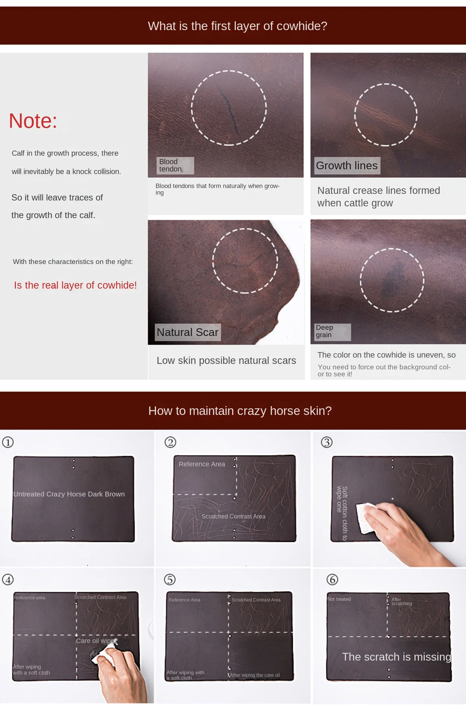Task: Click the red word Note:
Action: coord(33,121)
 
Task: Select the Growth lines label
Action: coord(347,166)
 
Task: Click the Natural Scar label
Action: coord(188,332)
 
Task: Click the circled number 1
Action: coord(8,442)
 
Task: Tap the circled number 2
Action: coord(170,442)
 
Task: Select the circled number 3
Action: coord(327,442)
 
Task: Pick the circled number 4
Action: coord(8,579)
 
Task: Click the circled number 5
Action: coord(170,579)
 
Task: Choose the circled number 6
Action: coord(332,579)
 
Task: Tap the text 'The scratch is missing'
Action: coord(396,657)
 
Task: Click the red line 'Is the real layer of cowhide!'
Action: coord(75,285)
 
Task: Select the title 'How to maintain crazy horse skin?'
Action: coord(240,411)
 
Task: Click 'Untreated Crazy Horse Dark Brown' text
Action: coord(69,494)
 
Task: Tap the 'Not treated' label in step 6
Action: coord(339,599)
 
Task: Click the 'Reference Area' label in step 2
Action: coord(202,464)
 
